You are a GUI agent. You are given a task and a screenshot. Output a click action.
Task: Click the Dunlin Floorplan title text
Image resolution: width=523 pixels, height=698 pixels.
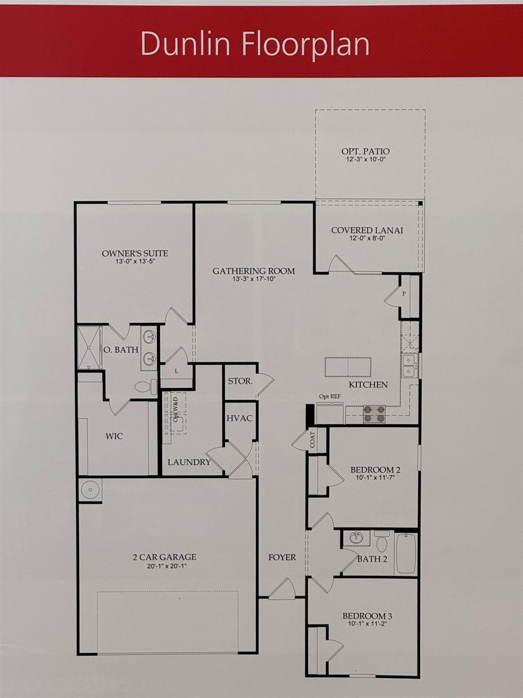click(x=255, y=44)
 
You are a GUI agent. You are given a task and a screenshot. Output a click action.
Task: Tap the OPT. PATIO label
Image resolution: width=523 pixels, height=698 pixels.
click(x=365, y=151)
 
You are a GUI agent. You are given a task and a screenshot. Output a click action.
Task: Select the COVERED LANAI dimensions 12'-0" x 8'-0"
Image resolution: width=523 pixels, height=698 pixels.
click(x=367, y=238)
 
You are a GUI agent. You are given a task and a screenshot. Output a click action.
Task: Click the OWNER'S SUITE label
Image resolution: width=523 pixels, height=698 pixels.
click(x=135, y=254)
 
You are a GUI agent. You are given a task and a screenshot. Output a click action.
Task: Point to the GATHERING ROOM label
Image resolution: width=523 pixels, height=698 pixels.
click(x=253, y=271)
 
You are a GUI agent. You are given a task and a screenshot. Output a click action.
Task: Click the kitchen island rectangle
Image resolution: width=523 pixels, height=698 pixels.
click(x=348, y=367)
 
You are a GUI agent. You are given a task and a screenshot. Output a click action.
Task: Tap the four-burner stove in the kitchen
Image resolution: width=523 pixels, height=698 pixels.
click(x=374, y=413)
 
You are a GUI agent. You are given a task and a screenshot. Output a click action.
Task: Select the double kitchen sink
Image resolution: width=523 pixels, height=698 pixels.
click(x=409, y=366)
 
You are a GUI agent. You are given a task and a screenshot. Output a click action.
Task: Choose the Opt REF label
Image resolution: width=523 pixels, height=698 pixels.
click(x=329, y=396)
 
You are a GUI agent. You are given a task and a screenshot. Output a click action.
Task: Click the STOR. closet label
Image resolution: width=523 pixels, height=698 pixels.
click(x=240, y=381)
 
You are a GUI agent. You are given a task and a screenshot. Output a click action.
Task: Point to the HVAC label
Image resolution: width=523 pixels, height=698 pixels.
click(x=239, y=418)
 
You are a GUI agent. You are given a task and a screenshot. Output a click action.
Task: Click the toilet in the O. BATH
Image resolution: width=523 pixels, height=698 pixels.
click(x=145, y=386)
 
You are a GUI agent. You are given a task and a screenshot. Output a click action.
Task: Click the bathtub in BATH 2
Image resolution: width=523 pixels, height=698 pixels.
click(x=406, y=553)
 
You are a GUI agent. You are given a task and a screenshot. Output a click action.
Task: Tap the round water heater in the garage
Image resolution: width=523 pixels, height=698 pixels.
click(x=89, y=489)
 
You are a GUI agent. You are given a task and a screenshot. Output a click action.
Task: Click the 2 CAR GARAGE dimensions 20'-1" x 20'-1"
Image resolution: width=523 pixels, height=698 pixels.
click(x=164, y=566)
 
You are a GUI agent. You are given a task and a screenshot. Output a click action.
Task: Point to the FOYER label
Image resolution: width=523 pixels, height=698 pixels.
click(x=282, y=557)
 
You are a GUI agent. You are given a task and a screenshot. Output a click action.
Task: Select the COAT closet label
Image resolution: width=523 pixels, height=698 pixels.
click(x=313, y=440)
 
